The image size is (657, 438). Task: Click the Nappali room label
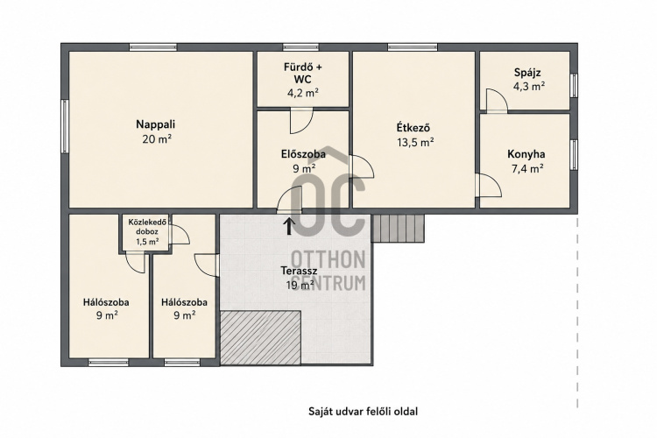pyautogui.click(x=155, y=124)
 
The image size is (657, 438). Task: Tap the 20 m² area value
pyautogui.click(x=157, y=139)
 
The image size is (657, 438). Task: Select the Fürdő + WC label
pyautogui.click(x=303, y=73)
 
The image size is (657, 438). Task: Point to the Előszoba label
pyautogui.click(x=303, y=154)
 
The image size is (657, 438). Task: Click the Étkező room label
pyautogui.click(x=413, y=127)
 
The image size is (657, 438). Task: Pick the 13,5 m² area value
pyautogui.click(x=415, y=143)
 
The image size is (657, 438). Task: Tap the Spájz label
pyautogui.click(x=527, y=73)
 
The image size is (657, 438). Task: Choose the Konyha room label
pyautogui.click(x=526, y=154)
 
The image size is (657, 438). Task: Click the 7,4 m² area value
pyautogui.click(x=527, y=169)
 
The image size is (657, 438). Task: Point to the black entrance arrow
pyautogui.click(x=289, y=226)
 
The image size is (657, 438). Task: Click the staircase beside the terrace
pyautogui.click(x=398, y=229)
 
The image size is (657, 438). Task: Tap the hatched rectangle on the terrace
pyautogui.click(x=261, y=337)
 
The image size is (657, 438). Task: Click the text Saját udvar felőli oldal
pyautogui.click(x=364, y=411)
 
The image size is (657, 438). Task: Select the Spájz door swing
pyautogui.click(x=496, y=100)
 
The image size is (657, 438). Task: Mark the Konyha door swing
pyautogui.click(x=489, y=185)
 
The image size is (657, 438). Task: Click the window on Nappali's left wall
pyautogui.click(x=65, y=126)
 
